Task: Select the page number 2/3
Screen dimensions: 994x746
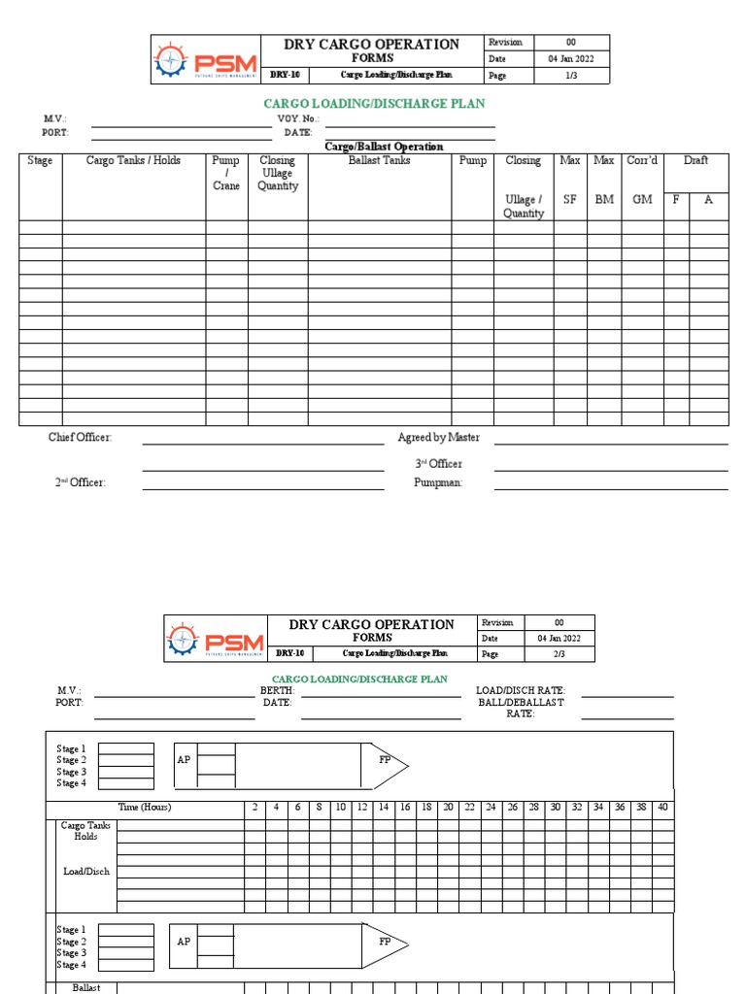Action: click(x=559, y=654)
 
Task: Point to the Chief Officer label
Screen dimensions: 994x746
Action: click(x=81, y=438)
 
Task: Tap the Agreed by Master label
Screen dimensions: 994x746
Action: click(x=438, y=438)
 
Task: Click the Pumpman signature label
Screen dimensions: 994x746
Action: click(x=438, y=482)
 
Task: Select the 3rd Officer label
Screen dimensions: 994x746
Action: click(x=439, y=464)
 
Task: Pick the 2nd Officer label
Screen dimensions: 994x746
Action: click(x=81, y=482)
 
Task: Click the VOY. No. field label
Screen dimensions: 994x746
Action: click(x=298, y=119)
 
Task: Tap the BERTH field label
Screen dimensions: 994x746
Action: click(x=277, y=690)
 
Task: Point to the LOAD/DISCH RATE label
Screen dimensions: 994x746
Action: click(x=520, y=690)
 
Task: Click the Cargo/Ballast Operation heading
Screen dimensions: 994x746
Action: click(x=384, y=147)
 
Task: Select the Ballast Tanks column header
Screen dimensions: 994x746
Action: click(x=380, y=161)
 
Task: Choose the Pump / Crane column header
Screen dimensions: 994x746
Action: click(x=226, y=173)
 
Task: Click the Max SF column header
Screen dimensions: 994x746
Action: click(x=570, y=180)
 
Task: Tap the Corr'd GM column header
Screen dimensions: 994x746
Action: click(x=642, y=180)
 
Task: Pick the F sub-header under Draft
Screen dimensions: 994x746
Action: click(x=676, y=200)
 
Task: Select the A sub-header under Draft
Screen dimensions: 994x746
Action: click(x=709, y=200)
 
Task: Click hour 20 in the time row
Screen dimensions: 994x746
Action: click(x=448, y=808)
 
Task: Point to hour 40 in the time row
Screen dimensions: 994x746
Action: click(x=662, y=808)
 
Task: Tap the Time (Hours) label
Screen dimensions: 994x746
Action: click(x=145, y=808)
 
